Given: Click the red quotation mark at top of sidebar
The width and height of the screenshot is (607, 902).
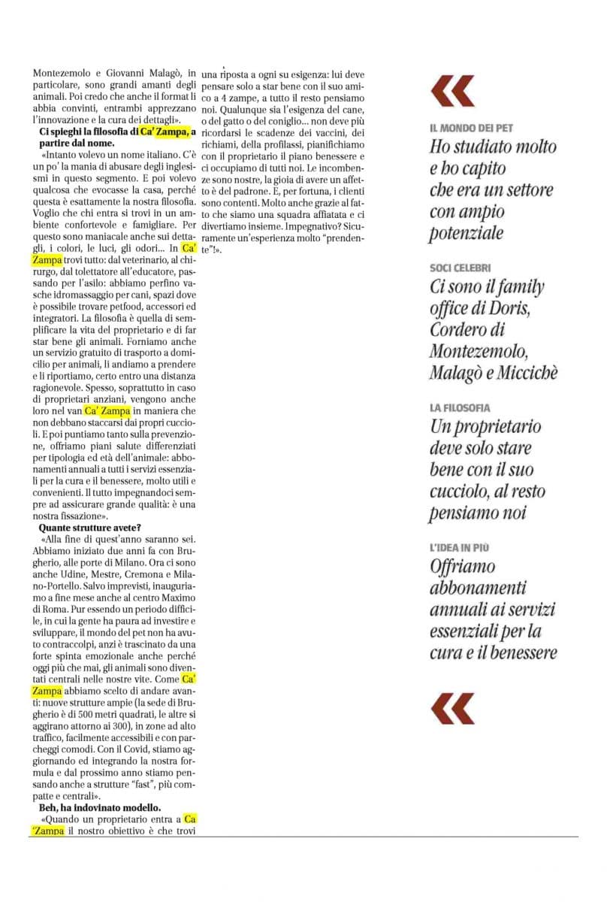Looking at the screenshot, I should pyautogui.click(x=452, y=91).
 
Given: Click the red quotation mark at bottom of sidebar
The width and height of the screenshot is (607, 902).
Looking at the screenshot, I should pyautogui.click(x=452, y=708).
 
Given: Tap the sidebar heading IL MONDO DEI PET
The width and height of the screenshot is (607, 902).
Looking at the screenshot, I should pyautogui.click(x=471, y=129).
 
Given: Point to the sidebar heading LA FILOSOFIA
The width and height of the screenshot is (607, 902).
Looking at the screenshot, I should pyautogui.click(x=460, y=407).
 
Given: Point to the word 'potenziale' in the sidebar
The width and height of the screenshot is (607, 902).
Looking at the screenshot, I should pyautogui.click(x=466, y=234).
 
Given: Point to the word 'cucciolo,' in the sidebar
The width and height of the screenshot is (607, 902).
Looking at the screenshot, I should pyautogui.click(x=460, y=492).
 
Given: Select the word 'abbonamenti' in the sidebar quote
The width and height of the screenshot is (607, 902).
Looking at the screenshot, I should pyautogui.click(x=478, y=588).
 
